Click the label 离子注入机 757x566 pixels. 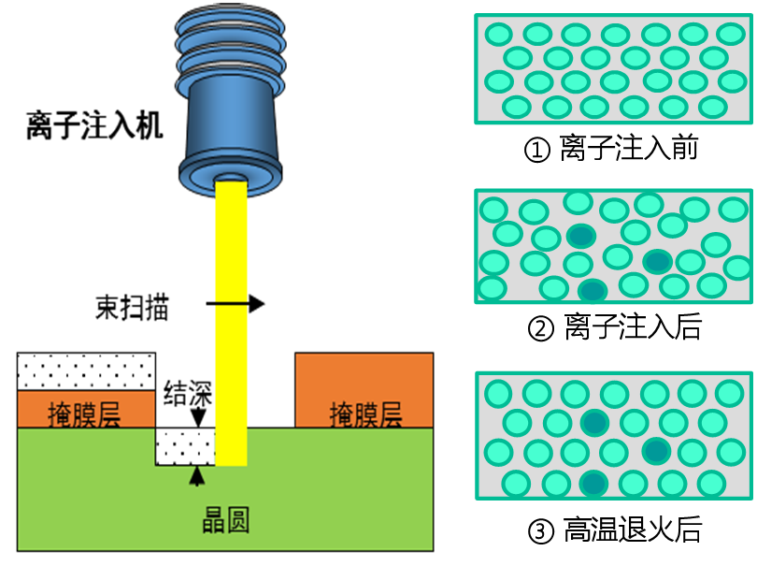(x=94, y=125)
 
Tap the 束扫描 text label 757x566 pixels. (x=132, y=308)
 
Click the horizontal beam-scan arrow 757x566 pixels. (x=236, y=303)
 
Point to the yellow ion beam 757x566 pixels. (x=231, y=323)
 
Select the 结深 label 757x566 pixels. (x=188, y=393)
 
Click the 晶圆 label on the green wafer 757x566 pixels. (x=225, y=520)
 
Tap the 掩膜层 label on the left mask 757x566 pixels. (x=84, y=414)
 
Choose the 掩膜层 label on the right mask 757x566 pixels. (x=366, y=414)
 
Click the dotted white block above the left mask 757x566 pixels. (x=86, y=371)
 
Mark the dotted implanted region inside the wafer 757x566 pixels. (x=185, y=446)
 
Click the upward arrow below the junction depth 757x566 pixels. (x=196, y=476)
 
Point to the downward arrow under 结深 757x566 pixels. (x=198, y=418)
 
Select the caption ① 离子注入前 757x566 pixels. (x=611, y=148)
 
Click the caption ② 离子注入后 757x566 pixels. (x=615, y=327)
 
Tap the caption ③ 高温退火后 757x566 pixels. (x=615, y=530)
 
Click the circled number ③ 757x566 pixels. (x=541, y=531)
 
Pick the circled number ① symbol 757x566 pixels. (x=536, y=150)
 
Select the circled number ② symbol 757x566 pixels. (x=541, y=328)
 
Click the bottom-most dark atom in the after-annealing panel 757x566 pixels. (x=593, y=484)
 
